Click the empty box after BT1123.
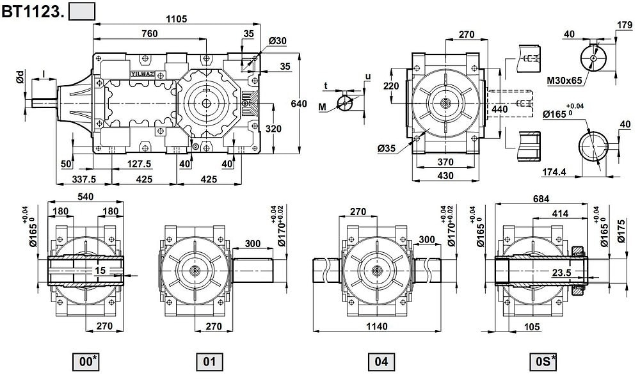tap(81, 11)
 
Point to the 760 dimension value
tap(149, 34)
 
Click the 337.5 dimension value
tap(83, 179)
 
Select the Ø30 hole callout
tap(278, 41)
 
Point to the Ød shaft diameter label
tap(20, 78)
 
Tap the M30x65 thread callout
tap(565, 81)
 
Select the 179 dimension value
tap(625, 25)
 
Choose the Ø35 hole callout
tap(387, 148)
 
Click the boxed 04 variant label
tap(381, 362)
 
